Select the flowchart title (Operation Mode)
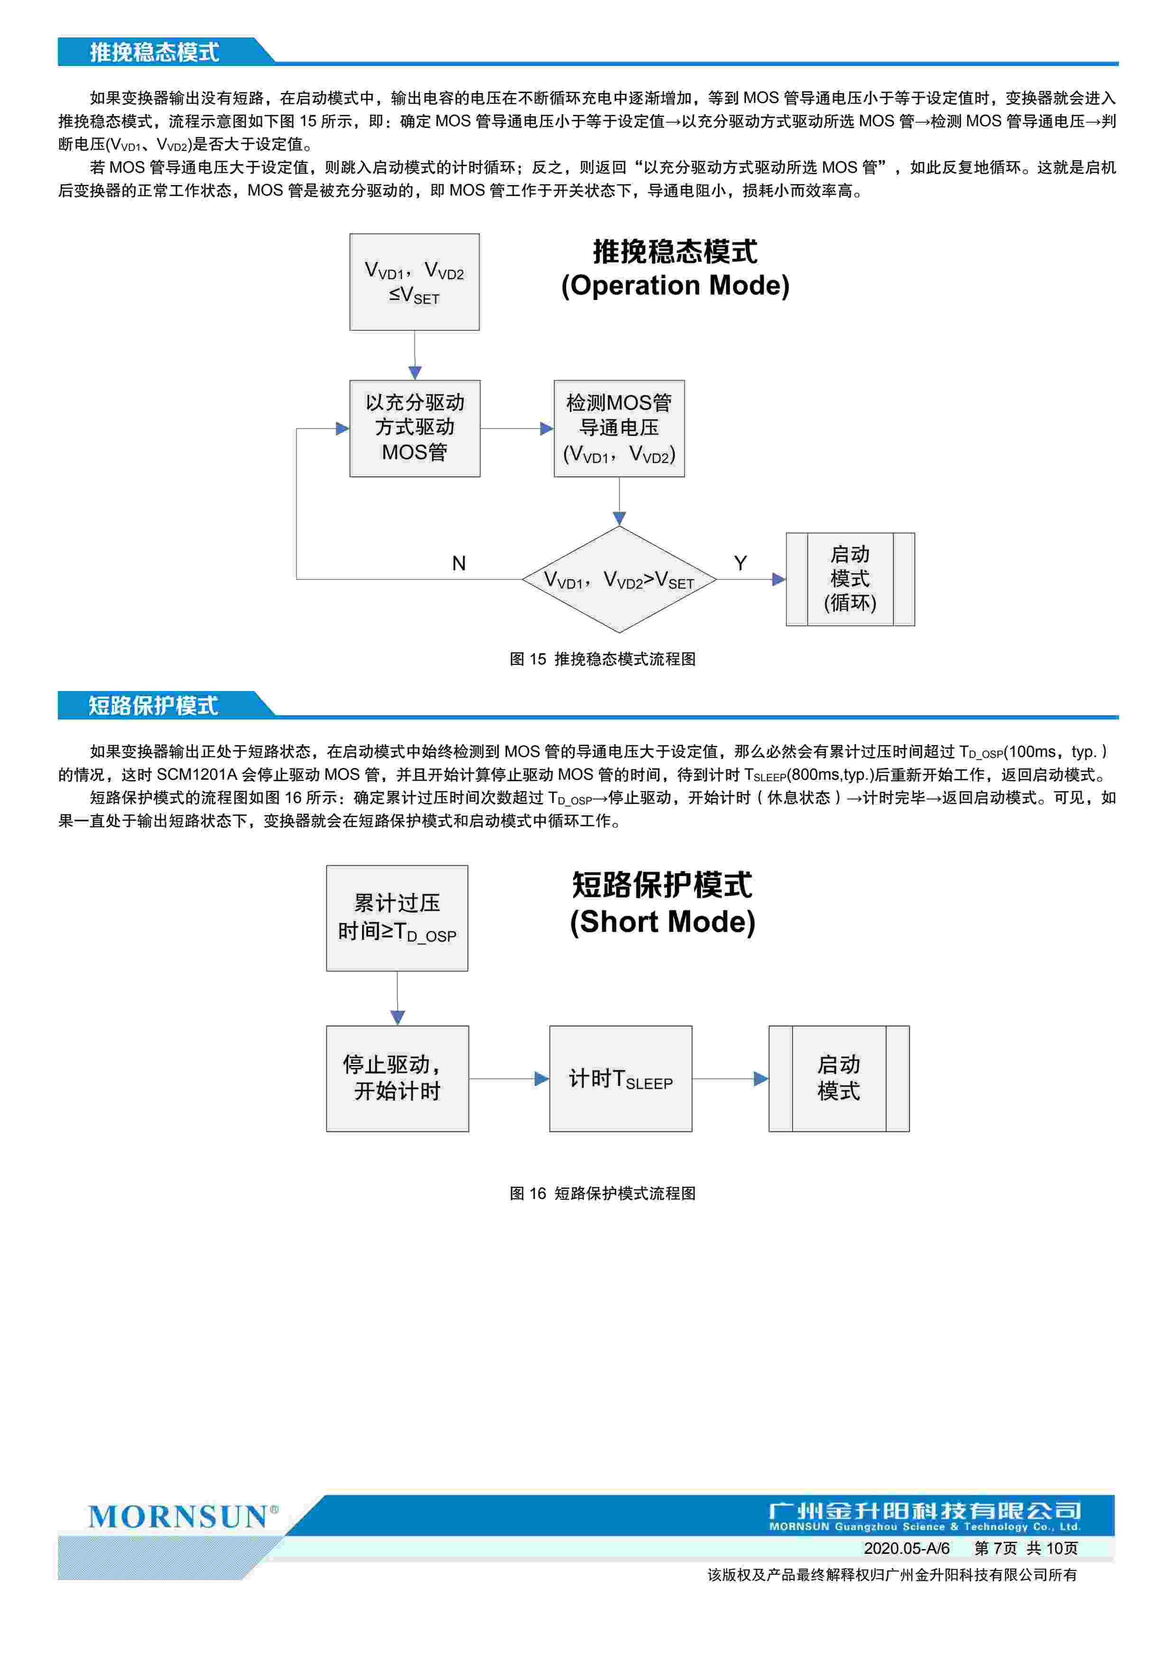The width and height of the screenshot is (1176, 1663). pyautogui.click(x=675, y=285)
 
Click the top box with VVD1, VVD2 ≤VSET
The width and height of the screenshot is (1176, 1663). pyautogui.click(x=414, y=282)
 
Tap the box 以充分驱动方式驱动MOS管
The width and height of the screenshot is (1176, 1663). pyautogui.click(x=414, y=428)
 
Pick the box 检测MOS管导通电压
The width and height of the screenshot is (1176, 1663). pyautogui.click(x=619, y=428)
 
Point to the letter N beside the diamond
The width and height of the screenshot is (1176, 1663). pyautogui.click(x=458, y=563)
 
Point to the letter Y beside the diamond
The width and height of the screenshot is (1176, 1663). pyautogui.click(x=740, y=563)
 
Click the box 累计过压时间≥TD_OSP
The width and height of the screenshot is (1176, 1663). pyautogui.click(x=397, y=918)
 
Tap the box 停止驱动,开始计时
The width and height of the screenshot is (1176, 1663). pyautogui.click(x=397, y=1078)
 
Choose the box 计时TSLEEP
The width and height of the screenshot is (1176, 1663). pyautogui.click(x=620, y=1078)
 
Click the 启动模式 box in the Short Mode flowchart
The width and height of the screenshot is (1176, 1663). pyautogui.click(x=839, y=1078)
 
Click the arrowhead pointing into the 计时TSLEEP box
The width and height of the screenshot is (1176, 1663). pyautogui.click(x=542, y=1078)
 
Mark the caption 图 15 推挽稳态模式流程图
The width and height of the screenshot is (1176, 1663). pyautogui.click(x=602, y=659)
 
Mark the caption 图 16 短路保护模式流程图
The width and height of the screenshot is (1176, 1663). pyautogui.click(x=602, y=1193)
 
